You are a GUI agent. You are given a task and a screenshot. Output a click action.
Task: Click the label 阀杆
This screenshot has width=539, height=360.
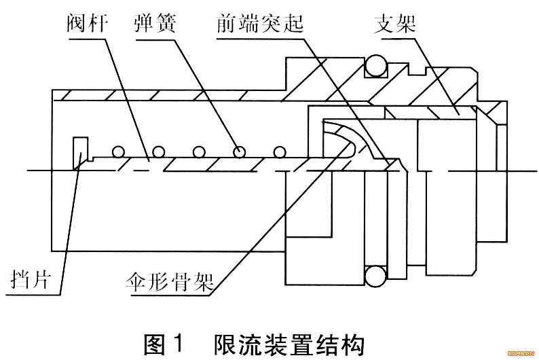88,22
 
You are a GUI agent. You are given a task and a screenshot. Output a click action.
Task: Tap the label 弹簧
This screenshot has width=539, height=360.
155,22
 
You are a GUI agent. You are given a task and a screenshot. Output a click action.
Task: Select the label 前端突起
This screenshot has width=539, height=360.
260,23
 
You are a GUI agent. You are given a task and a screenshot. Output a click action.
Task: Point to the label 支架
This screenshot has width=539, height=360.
395,23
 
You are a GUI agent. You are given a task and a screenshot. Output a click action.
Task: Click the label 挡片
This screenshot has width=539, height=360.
31,278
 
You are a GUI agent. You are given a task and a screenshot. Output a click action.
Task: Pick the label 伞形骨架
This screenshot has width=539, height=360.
170,282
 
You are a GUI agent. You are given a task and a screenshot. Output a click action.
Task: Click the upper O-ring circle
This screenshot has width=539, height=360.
376,65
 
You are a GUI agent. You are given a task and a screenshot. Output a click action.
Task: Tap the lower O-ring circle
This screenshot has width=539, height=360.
375,276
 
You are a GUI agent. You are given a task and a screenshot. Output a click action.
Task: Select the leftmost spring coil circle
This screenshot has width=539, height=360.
118,151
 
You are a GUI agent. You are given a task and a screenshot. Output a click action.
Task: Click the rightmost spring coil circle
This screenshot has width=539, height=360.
279,152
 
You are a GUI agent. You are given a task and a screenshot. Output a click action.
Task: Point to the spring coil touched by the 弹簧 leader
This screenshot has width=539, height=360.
239,151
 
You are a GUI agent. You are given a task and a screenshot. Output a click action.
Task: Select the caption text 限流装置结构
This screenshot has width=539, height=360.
289,344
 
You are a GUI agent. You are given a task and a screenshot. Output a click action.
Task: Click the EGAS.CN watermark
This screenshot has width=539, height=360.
521,353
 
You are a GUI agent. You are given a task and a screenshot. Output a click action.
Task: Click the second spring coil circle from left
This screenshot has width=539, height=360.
158,151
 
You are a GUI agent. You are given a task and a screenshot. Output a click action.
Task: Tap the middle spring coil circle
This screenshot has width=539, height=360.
199,151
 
